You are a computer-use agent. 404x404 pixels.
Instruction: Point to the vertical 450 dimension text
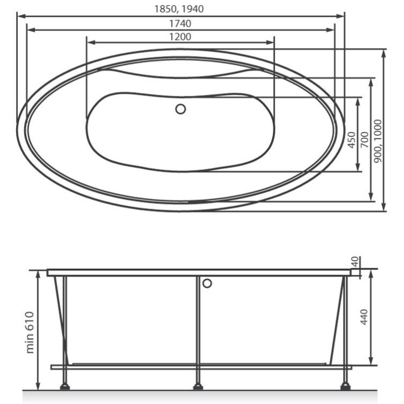(x=351, y=140)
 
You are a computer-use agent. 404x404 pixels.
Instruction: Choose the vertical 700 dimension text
(x=364, y=140)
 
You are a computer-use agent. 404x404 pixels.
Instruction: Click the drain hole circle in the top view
(x=180, y=109)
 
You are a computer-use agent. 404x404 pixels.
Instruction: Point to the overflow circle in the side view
(x=207, y=283)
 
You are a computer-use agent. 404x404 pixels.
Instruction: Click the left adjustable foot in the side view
(x=65, y=386)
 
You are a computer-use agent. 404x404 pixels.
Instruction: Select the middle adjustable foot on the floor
(x=198, y=386)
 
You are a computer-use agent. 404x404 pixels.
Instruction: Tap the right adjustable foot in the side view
(x=345, y=386)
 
